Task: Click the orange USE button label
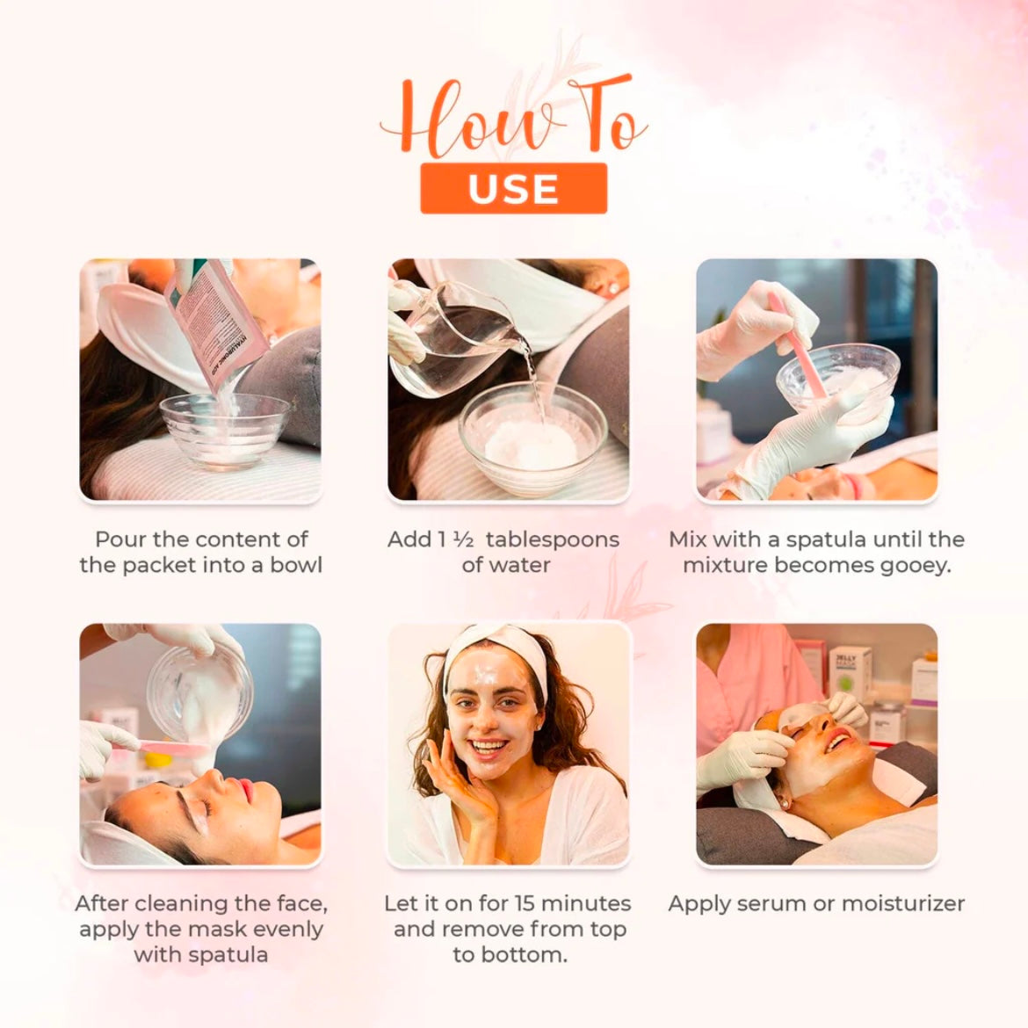[x=513, y=188]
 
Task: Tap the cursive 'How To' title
[x=513, y=119]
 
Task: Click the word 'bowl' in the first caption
[x=296, y=565]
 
